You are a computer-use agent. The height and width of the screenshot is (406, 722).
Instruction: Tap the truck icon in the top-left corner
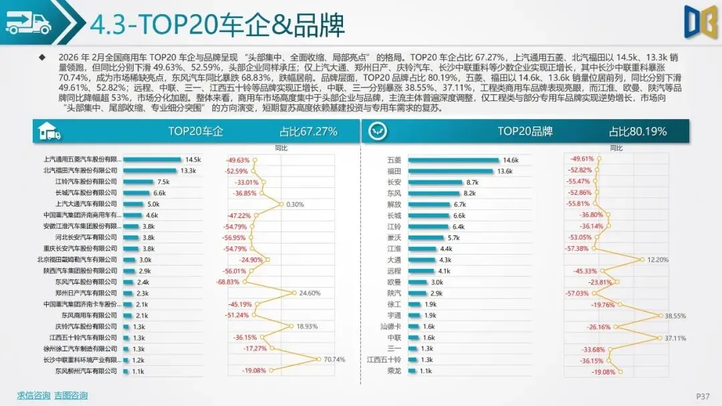(28, 23)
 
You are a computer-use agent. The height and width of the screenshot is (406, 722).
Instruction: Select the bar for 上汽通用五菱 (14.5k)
(152, 160)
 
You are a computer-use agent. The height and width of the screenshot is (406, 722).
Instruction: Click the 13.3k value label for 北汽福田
(188, 171)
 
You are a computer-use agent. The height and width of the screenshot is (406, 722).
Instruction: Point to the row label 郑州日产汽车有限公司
(85, 293)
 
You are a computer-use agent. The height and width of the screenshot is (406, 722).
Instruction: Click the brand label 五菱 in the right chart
(394, 160)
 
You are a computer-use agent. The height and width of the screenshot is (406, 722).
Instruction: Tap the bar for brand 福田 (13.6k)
(451, 171)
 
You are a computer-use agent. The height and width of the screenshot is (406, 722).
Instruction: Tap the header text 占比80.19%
(638, 132)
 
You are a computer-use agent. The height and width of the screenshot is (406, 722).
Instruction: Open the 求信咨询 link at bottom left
(33, 395)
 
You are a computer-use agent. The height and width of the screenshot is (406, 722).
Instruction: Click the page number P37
(702, 396)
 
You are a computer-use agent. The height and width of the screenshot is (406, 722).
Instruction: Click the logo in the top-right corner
(700, 21)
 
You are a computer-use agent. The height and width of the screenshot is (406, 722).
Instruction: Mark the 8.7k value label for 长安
(473, 182)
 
